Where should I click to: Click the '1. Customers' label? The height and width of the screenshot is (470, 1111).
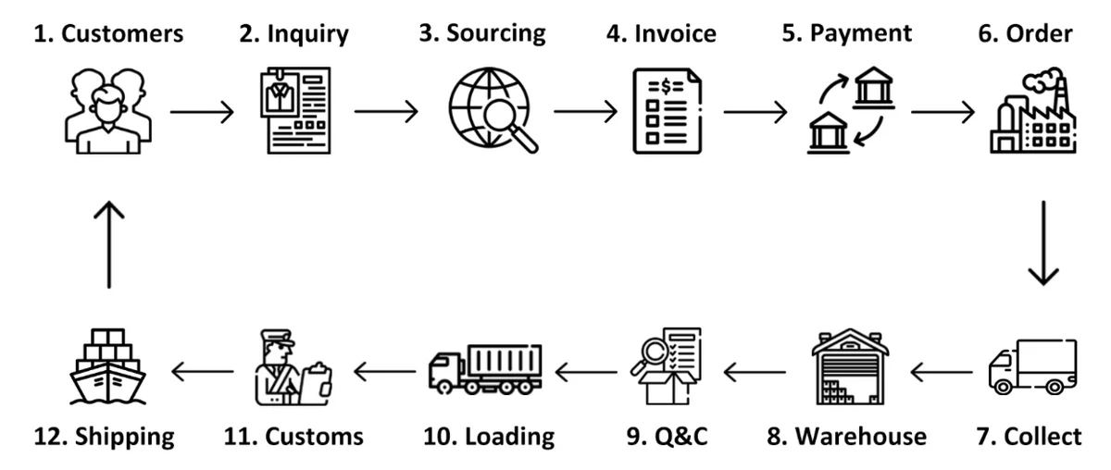pos(108,35)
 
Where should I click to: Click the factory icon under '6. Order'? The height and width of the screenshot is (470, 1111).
pos(1035,112)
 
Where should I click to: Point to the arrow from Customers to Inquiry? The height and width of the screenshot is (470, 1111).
pos(203,113)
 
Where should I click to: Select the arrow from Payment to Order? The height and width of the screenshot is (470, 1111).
pos(942,114)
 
